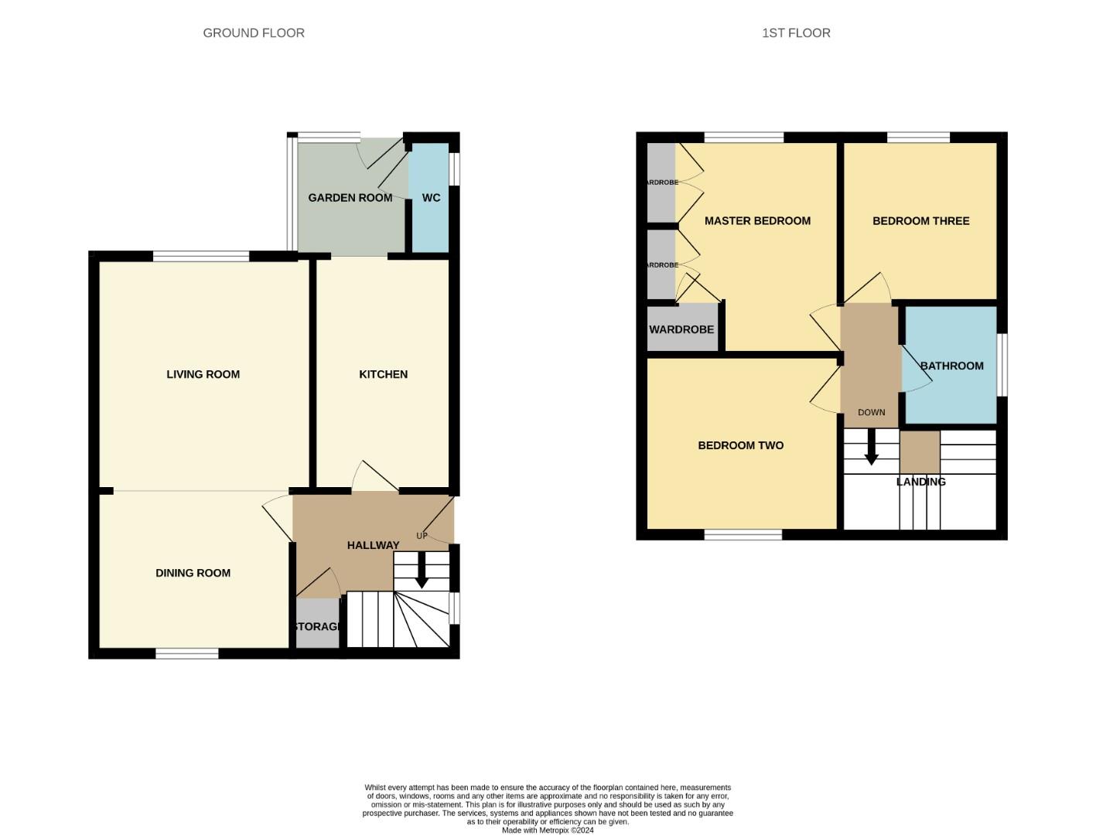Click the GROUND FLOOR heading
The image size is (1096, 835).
[x=254, y=33]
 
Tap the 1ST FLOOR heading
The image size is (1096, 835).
[x=796, y=33]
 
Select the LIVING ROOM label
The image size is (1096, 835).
[x=203, y=374]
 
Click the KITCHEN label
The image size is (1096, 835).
[x=383, y=374]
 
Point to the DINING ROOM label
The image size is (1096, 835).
[x=193, y=573]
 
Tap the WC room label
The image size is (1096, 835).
[x=431, y=198]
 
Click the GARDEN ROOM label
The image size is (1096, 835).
[x=350, y=198]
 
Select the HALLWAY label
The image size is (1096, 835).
[x=373, y=545]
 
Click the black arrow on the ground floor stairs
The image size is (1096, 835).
[x=422, y=571]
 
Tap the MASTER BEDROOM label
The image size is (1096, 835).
[x=757, y=221]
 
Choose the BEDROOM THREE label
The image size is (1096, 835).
[x=920, y=221]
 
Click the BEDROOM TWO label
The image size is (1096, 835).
[x=740, y=445]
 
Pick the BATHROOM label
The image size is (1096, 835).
[x=951, y=366]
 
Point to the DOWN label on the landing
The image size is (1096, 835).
[x=871, y=412]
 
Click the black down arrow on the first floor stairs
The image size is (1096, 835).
[x=871, y=448]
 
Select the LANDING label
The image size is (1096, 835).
[x=920, y=482]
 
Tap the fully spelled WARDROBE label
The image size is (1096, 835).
[x=681, y=329]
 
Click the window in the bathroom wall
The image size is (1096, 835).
[x=1002, y=365]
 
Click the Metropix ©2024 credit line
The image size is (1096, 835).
[x=548, y=830]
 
